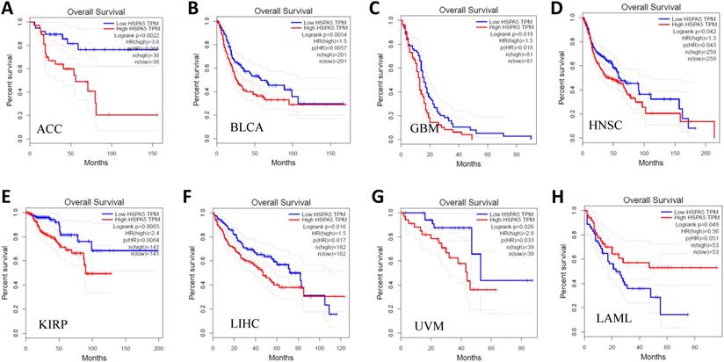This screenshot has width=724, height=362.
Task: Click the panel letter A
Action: tap(9, 11)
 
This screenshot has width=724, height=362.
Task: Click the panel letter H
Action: tap(552, 196)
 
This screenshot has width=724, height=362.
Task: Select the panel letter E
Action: tap(8, 196)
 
